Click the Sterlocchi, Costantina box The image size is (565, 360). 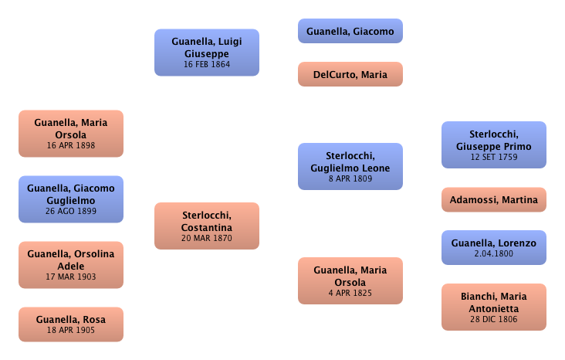[x=206, y=226]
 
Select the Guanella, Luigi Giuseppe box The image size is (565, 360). [x=206, y=52]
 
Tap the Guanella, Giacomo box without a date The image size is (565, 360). [x=350, y=32]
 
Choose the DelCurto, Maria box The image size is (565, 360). [x=350, y=75]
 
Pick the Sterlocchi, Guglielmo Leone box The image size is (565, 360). [x=350, y=167]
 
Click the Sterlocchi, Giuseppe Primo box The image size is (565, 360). [x=493, y=144]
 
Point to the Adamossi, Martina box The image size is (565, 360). [x=493, y=200]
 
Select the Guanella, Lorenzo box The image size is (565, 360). [x=493, y=247]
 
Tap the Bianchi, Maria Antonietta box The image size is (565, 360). [x=493, y=307]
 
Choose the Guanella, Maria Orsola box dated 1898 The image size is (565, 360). [x=71, y=133]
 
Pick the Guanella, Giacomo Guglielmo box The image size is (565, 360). [x=71, y=199]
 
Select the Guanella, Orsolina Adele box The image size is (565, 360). [x=71, y=263]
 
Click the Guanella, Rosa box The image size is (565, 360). [x=71, y=324]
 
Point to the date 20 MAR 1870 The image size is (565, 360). [x=206, y=239]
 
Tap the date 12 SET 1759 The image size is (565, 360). [x=493, y=157]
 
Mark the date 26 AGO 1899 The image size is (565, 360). [x=71, y=211]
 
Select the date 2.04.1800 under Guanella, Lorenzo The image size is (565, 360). [x=493, y=254]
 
